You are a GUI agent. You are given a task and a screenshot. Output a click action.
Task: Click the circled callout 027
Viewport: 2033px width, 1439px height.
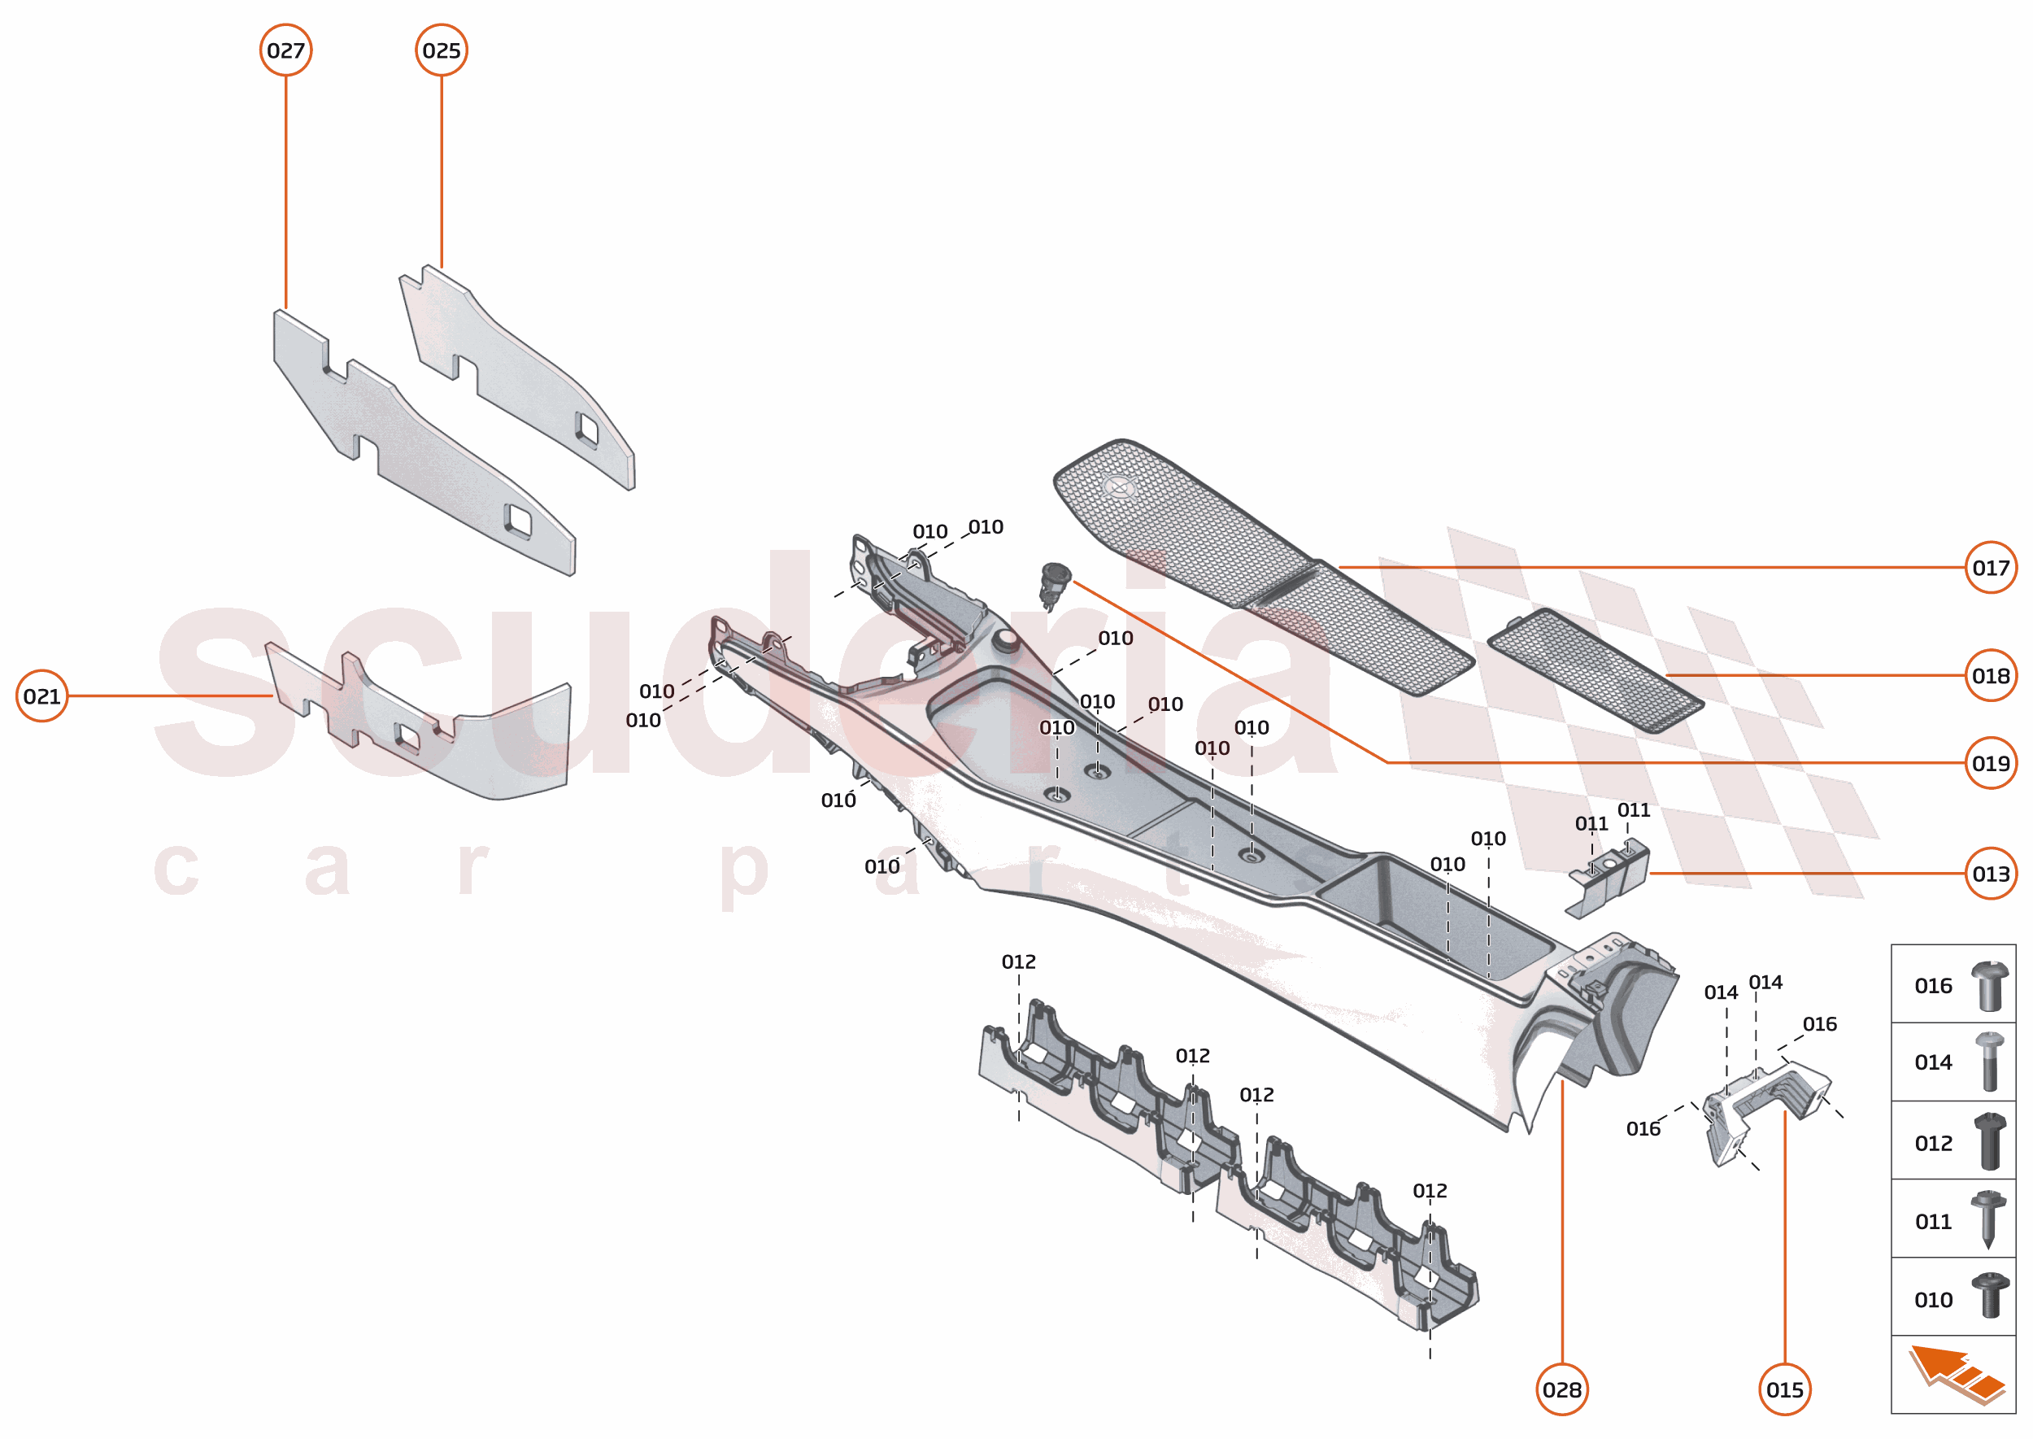(285, 50)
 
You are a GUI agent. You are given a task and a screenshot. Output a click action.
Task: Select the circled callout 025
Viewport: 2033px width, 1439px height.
(441, 50)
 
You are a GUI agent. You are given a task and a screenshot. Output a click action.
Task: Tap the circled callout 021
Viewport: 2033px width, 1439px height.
(41, 696)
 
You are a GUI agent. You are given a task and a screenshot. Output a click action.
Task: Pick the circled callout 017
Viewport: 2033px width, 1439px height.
(1991, 568)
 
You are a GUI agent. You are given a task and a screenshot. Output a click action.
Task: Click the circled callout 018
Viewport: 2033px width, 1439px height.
(1991, 676)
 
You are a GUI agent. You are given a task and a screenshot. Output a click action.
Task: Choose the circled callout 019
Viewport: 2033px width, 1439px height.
(1991, 764)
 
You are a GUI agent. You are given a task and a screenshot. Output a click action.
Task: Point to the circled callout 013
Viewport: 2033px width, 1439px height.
(1991, 874)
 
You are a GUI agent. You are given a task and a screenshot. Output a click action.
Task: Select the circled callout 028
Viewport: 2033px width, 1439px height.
(1561, 1390)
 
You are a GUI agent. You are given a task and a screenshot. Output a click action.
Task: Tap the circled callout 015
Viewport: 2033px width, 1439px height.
(1785, 1390)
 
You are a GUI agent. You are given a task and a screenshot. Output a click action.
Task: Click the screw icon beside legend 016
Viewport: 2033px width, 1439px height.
(1990, 986)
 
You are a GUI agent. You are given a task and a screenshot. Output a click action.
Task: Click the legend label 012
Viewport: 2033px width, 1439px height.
(1933, 1144)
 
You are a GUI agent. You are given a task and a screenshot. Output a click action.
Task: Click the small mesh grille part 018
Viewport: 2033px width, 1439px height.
(1595, 671)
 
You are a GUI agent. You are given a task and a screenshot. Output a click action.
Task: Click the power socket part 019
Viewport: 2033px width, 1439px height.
(1054, 585)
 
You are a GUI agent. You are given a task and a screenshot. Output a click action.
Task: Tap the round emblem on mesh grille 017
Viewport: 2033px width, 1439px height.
(1121, 486)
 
